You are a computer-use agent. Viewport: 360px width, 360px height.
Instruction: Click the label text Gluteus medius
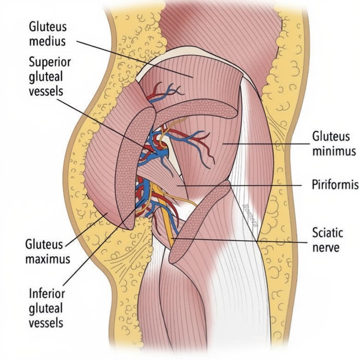pyautogui.click(x=47, y=34)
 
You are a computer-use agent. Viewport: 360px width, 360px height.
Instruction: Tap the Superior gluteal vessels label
pyautogui.click(x=50, y=77)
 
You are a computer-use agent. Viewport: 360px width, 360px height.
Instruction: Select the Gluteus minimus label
pyautogui.click(x=334, y=144)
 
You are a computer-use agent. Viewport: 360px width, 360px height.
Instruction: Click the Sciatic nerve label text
pyautogui.click(x=327, y=240)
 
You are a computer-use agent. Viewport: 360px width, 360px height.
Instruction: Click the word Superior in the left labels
pyautogui.click(x=50, y=62)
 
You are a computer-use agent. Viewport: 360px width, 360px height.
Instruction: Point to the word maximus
pyautogui.click(x=47, y=259)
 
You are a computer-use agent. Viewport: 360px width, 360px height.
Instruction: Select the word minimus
pyautogui.click(x=334, y=152)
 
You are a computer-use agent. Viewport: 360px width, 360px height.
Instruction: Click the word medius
pyautogui.click(x=47, y=41)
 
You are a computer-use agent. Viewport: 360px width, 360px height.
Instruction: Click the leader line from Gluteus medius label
pyautogui.click(x=134, y=58)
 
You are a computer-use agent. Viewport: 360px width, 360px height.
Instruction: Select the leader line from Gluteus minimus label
pyautogui.click(x=267, y=143)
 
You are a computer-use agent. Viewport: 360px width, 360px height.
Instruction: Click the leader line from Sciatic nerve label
pyautogui.click(x=246, y=240)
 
